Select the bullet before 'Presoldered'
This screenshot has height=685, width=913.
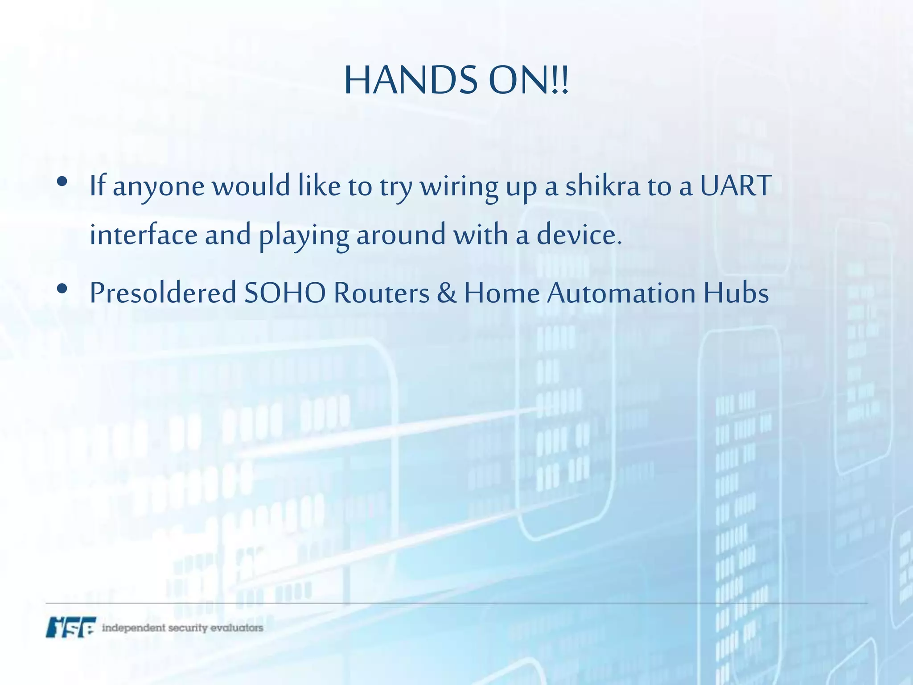tap(62, 289)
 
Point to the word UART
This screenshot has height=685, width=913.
tap(735, 186)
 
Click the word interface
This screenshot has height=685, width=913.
tap(144, 235)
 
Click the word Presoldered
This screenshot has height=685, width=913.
tap(163, 293)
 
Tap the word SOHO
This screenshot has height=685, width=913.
tap(285, 293)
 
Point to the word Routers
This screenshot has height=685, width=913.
tap(381, 293)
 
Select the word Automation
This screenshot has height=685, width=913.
tap(621, 293)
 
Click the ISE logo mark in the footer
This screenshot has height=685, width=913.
tap(71, 627)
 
